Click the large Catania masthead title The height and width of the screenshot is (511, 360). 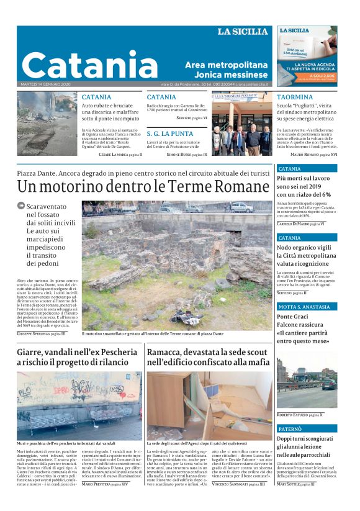pyautogui.click(x=89, y=65)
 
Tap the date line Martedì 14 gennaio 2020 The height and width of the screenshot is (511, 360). pyautogui.click(x=47, y=84)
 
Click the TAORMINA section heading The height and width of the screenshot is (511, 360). pyautogui.click(x=295, y=97)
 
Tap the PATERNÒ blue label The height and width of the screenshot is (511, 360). pyautogui.click(x=292, y=428)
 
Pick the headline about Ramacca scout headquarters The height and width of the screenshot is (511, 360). pyautogui.click(x=208, y=357)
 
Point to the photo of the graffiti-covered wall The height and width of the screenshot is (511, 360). pyautogui.click(x=79, y=405)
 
